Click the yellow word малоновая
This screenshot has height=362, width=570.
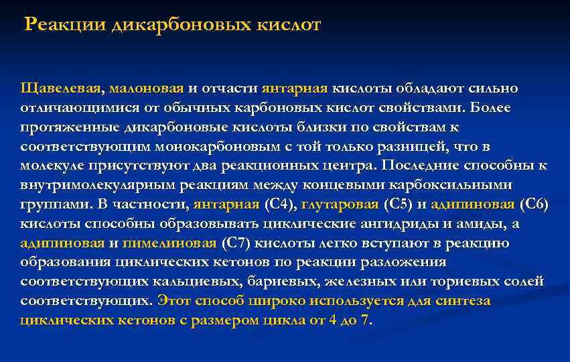pos(147,89)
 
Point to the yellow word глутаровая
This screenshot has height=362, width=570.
pos(340,204)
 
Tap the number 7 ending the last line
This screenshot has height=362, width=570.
pos(364,320)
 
